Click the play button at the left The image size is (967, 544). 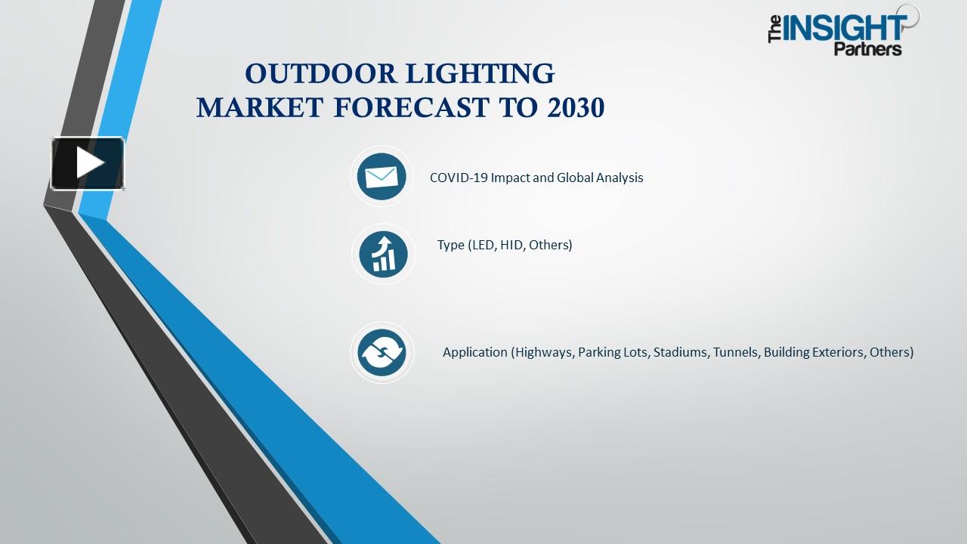(x=88, y=163)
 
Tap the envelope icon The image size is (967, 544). (x=382, y=177)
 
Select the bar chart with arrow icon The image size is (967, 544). (x=383, y=253)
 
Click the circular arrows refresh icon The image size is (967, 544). (x=382, y=352)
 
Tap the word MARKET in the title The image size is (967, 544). (x=260, y=108)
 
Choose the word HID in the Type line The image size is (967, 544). (x=511, y=245)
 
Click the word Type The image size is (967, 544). (x=451, y=245)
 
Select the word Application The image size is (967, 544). (x=474, y=352)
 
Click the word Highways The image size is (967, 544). (x=543, y=352)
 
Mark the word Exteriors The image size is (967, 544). (x=841, y=352)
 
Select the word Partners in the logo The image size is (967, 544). (x=867, y=49)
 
